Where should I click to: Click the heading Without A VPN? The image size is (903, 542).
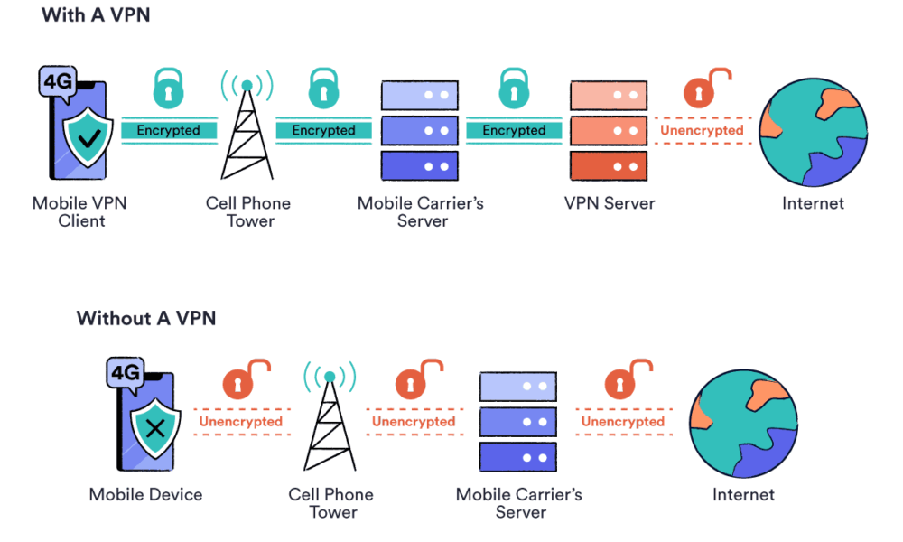[146, 318]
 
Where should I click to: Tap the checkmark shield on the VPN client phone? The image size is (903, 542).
[88, 138]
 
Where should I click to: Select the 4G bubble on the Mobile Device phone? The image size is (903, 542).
[126, 372]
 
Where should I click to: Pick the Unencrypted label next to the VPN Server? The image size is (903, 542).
[702, 130]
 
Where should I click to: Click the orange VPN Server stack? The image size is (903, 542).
[609, 130]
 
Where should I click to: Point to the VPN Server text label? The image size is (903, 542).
[610, 203]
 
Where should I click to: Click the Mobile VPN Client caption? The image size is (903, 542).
[79, 211]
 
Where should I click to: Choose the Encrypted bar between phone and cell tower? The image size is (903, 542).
[169, 130]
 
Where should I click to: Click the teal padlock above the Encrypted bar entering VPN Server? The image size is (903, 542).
[514, 89]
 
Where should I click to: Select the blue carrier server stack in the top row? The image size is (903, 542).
[419, 130]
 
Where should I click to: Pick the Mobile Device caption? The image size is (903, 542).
[145, 494]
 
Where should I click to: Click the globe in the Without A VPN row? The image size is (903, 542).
[742, 421]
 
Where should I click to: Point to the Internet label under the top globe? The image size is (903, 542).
[813, 203]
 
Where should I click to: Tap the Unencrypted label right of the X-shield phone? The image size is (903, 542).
[241, 421]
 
